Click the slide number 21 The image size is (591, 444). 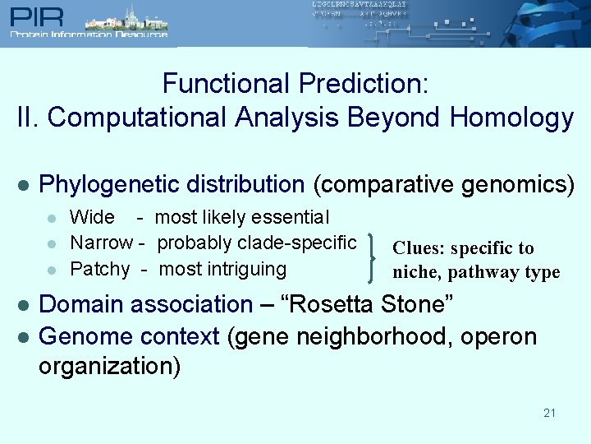549,413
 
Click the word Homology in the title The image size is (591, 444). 511,118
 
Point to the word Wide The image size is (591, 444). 92,218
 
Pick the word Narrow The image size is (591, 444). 101,243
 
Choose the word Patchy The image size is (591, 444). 99,269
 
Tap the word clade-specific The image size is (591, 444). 297,243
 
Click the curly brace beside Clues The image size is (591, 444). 375,256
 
